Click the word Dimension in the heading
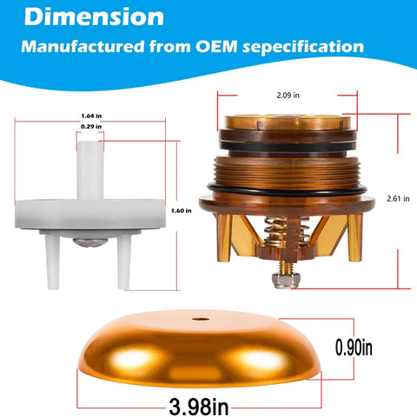click(94, 17)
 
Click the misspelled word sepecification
click(303, 47)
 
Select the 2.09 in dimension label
click(288, 96)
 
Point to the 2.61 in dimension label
click(398, 199)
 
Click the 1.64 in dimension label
click(91, 116)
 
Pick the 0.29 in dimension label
click(91, 127)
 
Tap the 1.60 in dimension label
click(181, 211)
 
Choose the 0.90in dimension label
click(354, 347)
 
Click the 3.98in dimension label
click(199, 407)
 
